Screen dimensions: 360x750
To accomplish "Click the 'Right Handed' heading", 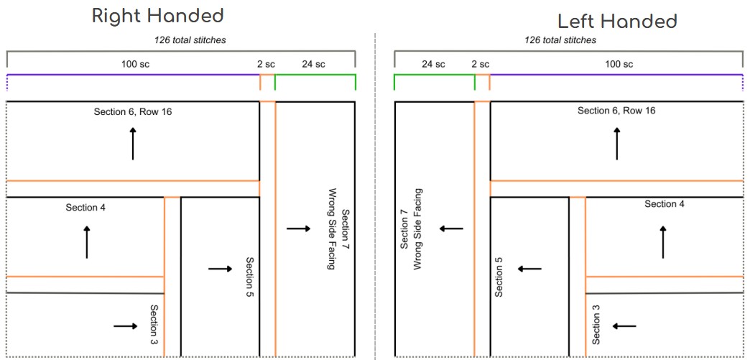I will pyautogui.click(x=157, y=16).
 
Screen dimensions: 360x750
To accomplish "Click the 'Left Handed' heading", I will pyautogui.click(x=617, y=21).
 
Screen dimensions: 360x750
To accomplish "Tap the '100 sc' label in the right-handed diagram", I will pyautogui.click(x=135, y=64).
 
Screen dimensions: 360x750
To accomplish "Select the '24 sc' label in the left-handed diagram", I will pyautogui.click(x=433, y=64).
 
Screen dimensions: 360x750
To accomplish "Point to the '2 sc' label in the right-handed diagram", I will pyautogui.click(x=267, y=64).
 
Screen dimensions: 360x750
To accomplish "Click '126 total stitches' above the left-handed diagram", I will pyautogui.click(x=560, y=40).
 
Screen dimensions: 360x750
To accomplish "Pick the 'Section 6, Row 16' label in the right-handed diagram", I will pyautogui.click(x=133, y=111).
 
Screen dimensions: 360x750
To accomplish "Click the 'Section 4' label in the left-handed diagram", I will pyautogui.click(x=665, y=204).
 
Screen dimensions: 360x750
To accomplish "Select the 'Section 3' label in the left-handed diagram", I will pyautogui.click(x=596, y=324).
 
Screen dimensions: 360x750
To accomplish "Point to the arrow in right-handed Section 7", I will pyautogui.click(x=298, y=229).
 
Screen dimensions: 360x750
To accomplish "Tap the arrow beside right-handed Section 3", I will pyautogui.click(x=125, y=326).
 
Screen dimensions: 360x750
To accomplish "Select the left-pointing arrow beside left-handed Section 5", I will pyautogui.click(x=529, y=269).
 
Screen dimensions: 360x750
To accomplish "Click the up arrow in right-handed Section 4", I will pyautogui.click(x=87, y=242).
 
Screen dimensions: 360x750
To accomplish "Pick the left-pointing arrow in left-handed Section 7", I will pyautogui.click(x=452, y=229).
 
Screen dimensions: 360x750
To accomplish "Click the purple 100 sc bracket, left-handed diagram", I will pyautogui.click(x=616, y=74).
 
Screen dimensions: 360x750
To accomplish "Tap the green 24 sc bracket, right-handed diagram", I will pyautogui.click(x=315, y=74).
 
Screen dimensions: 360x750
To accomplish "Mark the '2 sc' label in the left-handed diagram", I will pyautogui.click(x=480, y=64).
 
